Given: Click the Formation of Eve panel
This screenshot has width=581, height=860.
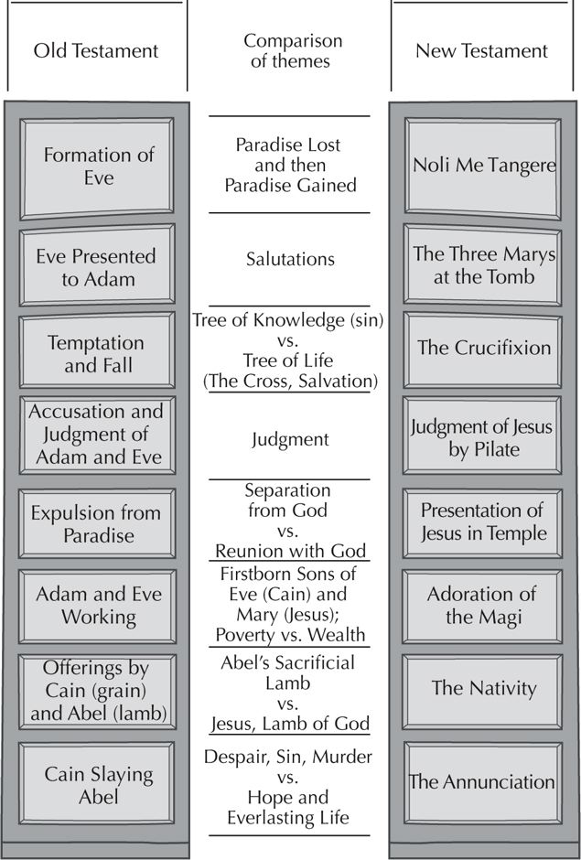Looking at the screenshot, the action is (x=97, y=167).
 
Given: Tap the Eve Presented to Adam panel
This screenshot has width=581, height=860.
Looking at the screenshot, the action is (x=97, y=266).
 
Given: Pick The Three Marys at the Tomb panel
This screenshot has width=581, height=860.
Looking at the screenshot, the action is (x=483, y=265).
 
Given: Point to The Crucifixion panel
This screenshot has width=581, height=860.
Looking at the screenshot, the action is (x=483, y=349).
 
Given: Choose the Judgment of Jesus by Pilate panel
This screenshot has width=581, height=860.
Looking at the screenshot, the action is (x=483, y=435).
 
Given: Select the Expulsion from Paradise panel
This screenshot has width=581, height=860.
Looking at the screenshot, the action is (x=97, y=523).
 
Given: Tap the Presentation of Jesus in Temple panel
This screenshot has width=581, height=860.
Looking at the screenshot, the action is (x=483, y=523).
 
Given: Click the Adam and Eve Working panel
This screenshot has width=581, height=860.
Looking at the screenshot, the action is (x=97, y=606).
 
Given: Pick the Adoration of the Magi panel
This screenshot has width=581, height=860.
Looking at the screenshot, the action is (x=483, y=606).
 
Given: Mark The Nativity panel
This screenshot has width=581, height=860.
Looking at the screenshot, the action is (x=483, y=691).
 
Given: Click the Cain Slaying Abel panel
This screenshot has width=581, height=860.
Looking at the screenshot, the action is (x=97, y=783).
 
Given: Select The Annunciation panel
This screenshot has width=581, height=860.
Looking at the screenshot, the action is (x=483, y=783).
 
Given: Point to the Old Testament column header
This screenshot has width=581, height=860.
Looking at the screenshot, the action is (x=96, y=51).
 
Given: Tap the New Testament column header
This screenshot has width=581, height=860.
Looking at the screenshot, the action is (x=481, y=51).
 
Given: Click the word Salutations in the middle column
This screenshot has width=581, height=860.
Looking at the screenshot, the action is (x=290, y=259).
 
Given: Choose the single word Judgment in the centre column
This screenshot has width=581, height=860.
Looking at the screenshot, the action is (x=290, y=439).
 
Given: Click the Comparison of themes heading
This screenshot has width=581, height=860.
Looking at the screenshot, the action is (x=290, y=50).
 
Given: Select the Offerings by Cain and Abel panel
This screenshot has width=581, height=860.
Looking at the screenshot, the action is (x=97, y=691).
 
